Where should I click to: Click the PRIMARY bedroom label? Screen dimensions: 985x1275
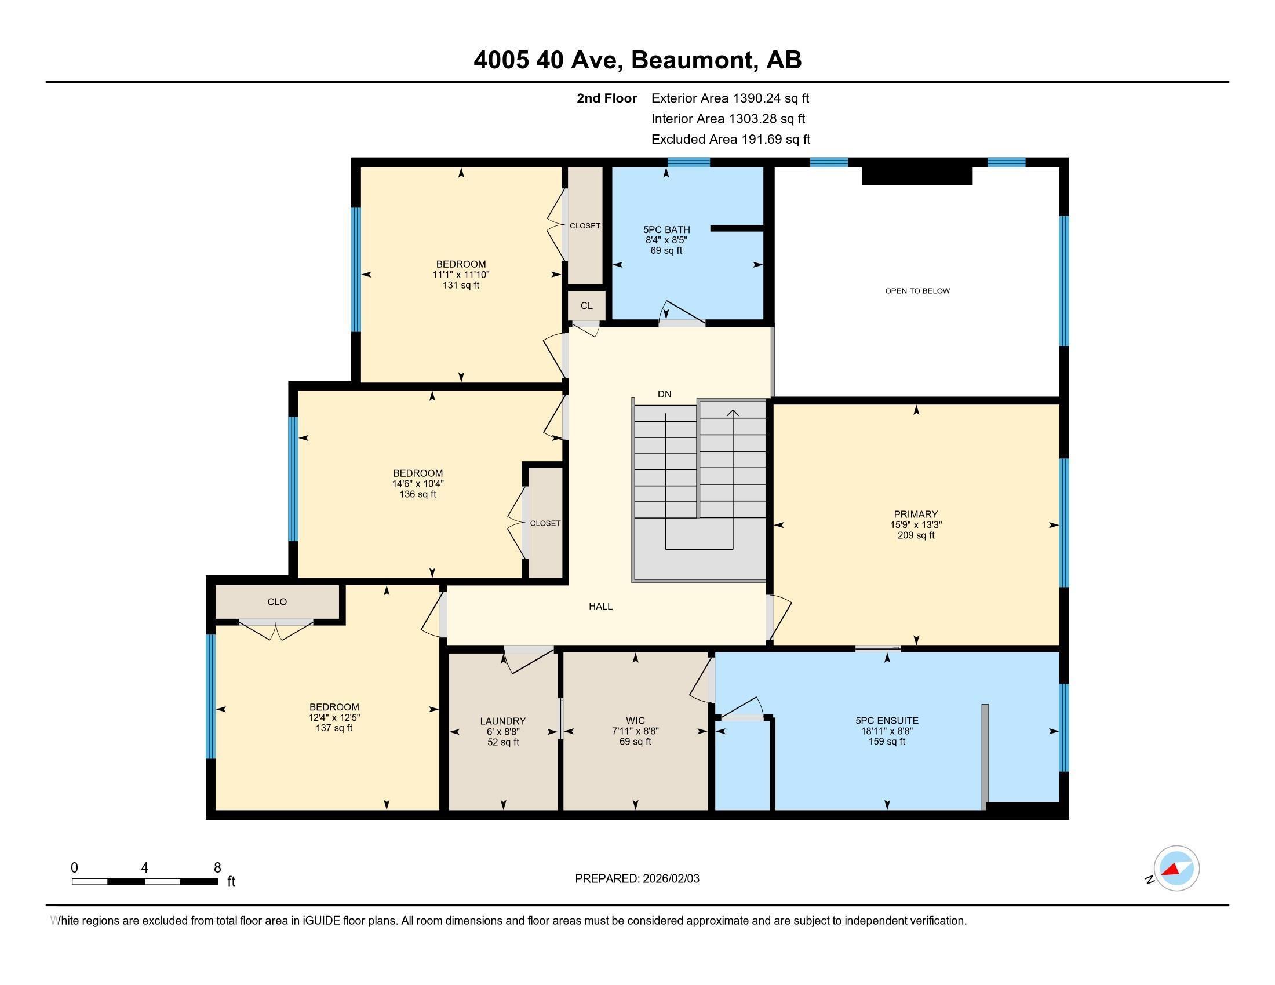pyautogui.click(x=915, y=514)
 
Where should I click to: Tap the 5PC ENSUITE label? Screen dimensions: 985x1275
pyautogui.click(x=887, y=721)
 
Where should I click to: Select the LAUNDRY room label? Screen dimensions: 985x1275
pyautogui.click(x=502, y=721)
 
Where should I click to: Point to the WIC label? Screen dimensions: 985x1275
pyautogui.click(x=635, y=721)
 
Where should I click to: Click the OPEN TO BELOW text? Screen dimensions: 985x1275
pyautogui.click(x=917, y=291)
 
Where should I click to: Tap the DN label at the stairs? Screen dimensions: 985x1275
pyautogui.click(x=664, y=394)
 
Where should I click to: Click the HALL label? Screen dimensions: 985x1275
pyautogui.click(x=600, y=606)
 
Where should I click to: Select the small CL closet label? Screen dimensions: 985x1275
pyautogui.click(x=586, y=306)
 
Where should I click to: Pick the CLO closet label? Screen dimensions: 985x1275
pyautogui.click(x=276, y=601)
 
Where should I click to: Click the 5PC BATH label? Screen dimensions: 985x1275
pyautogui.click(x=666, y=229)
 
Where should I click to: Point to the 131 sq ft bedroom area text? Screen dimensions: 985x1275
pyautogui.click(x=461, y=285)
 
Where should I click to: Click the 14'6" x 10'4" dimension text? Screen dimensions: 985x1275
pyautogui.click(x=417, y=484)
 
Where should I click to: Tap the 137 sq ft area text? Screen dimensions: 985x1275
pyautogui.click(x=334, y=728)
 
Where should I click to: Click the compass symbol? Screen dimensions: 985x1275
pyautogui.click(x=1176, y=869)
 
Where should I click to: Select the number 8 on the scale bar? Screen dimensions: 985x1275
pyautogui.click(x=217, y=868)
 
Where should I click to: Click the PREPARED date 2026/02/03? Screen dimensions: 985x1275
pyautogui.click(x=670, y=879)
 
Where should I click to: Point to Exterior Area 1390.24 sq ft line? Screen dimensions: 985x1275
pyautogui.click(x=730, y=98)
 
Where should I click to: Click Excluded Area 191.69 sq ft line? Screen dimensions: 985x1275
pyautogui.click(x=730, y=139)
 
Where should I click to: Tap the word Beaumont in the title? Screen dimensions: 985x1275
pyautogui.click(x=691, y=60)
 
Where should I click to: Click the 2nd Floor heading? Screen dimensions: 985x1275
pyautogui.click(x=606, y=98)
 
